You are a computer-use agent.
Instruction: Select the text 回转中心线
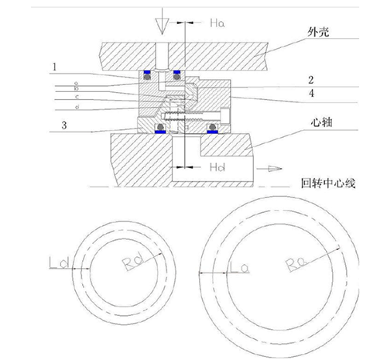coord(327,185)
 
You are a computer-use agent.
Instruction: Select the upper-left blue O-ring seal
coord(147,75)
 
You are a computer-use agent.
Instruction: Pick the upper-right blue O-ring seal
coord(177,74)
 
